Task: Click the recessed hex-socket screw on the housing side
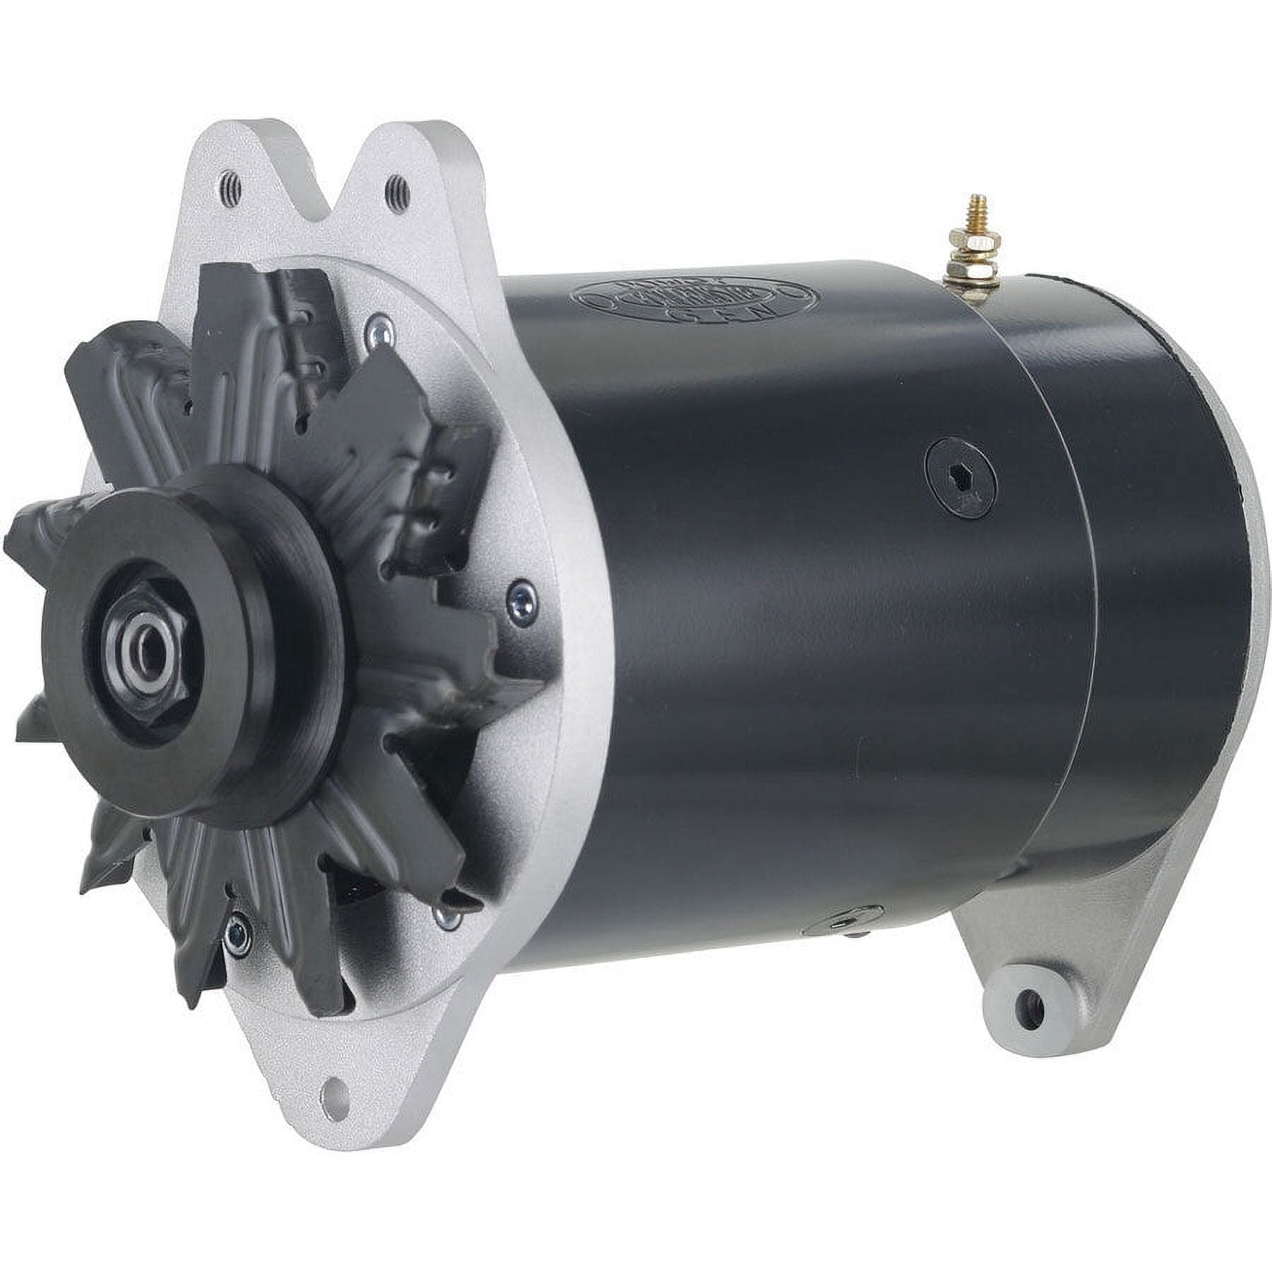(x=962, y=478)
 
